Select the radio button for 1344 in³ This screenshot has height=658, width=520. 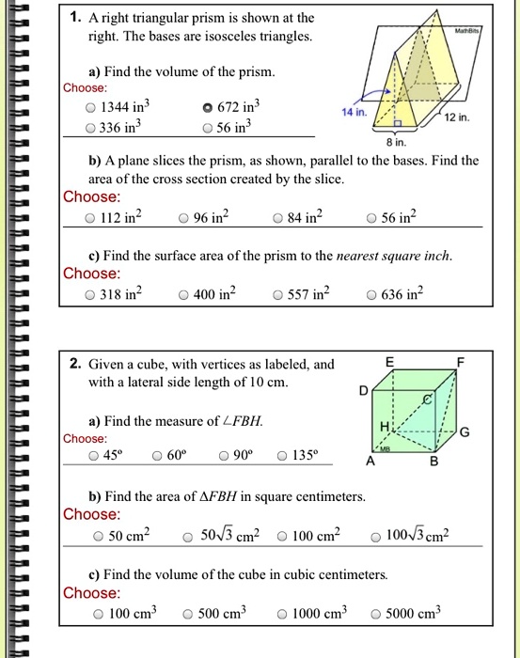[90, 107]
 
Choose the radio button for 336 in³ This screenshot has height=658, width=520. [90, 127]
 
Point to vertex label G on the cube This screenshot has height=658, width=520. [465, 431]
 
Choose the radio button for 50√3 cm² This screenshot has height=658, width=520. [189, 537]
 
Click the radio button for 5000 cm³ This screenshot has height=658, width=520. [377, 615]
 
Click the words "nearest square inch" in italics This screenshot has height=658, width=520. [388, 256]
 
